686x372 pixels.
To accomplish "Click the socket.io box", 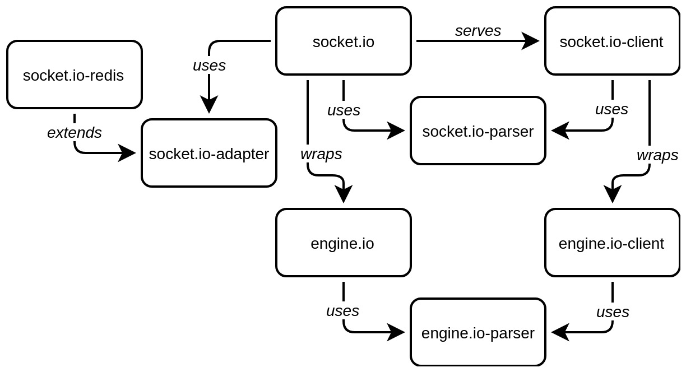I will point(343,41).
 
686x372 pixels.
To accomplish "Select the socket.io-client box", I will point(611,41).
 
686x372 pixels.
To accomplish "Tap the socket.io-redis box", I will point(74,75).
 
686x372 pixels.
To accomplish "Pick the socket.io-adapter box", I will point(208,153).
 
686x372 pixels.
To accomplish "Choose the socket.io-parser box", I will point(478,131).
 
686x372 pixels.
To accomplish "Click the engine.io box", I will point(343,243).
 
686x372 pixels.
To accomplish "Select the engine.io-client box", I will point(611,243).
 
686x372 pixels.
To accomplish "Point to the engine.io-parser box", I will point(478,332).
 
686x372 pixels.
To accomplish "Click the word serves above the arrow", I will point(478,31).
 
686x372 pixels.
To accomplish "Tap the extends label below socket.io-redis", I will point(74,133).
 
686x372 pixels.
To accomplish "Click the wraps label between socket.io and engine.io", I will point(321,154).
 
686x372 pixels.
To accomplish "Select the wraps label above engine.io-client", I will point(657,155).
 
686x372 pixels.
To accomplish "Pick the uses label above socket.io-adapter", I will point(208,66).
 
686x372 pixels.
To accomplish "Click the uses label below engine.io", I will point(342,311).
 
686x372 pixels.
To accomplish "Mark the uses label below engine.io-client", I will point(612,312).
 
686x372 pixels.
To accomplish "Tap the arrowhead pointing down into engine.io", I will point(343,194).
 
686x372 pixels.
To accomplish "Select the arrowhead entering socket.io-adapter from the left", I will point(127,153).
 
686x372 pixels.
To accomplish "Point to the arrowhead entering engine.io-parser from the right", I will point(559,332).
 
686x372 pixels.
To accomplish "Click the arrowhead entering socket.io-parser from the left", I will point(396,131).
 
